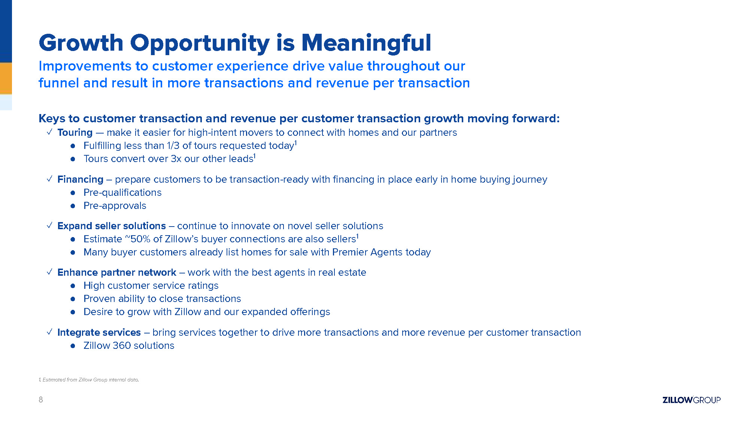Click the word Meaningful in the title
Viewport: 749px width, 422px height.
366,43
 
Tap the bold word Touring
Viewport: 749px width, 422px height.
75,132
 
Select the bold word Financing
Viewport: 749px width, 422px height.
80,179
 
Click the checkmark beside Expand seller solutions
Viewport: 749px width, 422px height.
49,225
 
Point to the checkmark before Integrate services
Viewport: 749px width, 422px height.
49,332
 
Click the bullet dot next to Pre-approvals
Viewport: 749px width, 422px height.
73,206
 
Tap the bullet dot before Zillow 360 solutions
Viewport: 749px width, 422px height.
73,346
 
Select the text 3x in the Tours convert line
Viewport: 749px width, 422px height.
176,159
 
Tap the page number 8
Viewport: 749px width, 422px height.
41,400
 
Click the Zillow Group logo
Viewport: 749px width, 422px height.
691,400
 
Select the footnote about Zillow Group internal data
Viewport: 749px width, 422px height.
89,380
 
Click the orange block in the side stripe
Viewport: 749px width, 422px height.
6,78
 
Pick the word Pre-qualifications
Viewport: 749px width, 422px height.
122,192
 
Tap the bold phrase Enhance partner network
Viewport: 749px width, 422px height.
117,272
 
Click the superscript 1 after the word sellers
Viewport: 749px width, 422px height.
358,236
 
